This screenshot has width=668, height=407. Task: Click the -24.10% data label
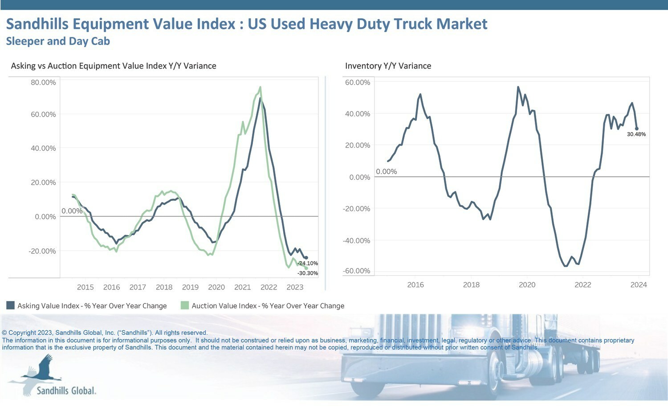308,263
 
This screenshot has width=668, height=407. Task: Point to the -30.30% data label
308,273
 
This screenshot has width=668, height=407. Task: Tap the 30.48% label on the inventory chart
636,134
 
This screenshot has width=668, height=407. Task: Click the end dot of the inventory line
637,129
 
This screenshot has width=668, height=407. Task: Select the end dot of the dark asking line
306,258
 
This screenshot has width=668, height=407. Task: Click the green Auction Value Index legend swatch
185,305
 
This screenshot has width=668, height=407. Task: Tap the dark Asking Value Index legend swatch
10,305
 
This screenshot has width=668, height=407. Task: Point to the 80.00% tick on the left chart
43,82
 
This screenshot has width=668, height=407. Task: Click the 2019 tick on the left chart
190,287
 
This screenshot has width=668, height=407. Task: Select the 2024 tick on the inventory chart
639,285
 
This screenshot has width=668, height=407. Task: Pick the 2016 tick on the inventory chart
415,285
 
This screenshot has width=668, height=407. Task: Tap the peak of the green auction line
261,87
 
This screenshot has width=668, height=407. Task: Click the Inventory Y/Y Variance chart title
388,65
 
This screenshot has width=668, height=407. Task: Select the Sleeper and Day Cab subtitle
58,41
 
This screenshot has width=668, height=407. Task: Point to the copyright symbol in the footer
4,333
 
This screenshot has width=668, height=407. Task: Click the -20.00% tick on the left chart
42,251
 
